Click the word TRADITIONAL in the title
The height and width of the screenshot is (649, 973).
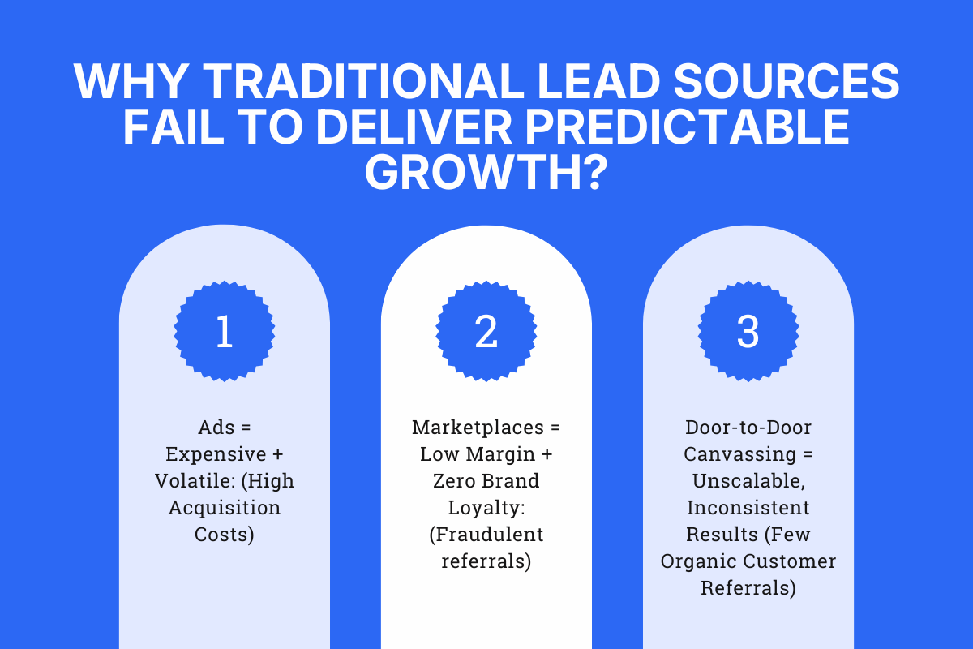[360, 82]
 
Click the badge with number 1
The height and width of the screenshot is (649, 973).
[225, 331]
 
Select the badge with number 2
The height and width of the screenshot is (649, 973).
[486, 331]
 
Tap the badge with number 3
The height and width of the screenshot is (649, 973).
[748, 331]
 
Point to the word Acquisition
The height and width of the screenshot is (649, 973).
[225, 508]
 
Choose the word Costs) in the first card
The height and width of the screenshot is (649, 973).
[225, 535]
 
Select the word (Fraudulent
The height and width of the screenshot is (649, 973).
[486, 535]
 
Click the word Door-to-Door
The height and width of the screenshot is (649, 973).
[748, 428]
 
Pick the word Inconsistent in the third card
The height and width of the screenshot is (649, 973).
[748, 508]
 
